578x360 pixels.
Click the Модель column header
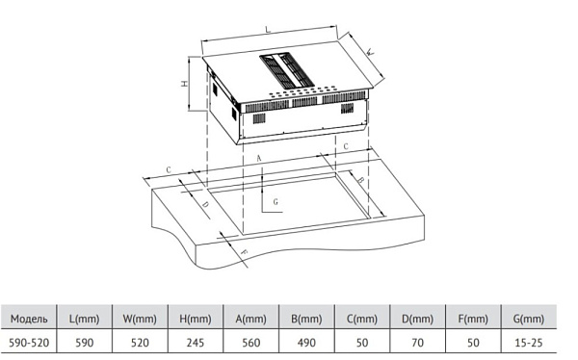point(29,319)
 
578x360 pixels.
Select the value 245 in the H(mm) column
point(196,343)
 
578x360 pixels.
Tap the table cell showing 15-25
point(529,343)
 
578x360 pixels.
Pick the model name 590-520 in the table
point(29,343)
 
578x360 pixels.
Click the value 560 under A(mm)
point(251,343)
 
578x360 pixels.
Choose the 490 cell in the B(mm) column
point(306,343)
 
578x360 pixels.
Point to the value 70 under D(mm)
point(418,343)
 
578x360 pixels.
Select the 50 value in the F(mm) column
point(473,343)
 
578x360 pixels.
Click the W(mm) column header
point(140,319)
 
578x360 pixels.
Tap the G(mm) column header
point(529,319)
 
